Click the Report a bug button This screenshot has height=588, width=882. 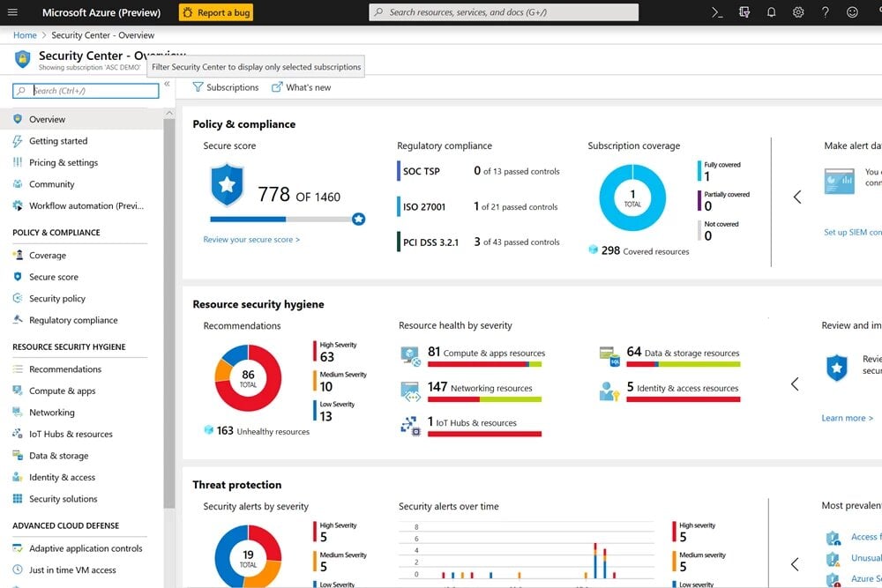[216, 12]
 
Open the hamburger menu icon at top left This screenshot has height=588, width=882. [12, 12]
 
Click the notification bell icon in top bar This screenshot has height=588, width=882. [771, 12]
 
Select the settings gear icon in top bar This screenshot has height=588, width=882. [798, 12]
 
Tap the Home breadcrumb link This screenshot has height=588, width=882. [25, 35]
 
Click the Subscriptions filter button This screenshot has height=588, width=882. [226, 87]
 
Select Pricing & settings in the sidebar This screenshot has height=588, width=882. [64, 162]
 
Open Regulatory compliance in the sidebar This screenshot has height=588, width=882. [73, 320]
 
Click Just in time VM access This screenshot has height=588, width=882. [72, 569]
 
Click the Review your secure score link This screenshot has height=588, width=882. [251, 240]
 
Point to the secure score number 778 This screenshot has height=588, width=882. [273, 195]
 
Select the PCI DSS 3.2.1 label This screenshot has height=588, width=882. [430, 242]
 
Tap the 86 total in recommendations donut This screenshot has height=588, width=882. [248, 378]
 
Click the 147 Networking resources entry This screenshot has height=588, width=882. [480, 388]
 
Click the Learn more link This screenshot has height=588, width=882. [843, 418]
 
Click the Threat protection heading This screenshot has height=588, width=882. [237, 485]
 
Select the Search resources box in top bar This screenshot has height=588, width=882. [503, 12]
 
